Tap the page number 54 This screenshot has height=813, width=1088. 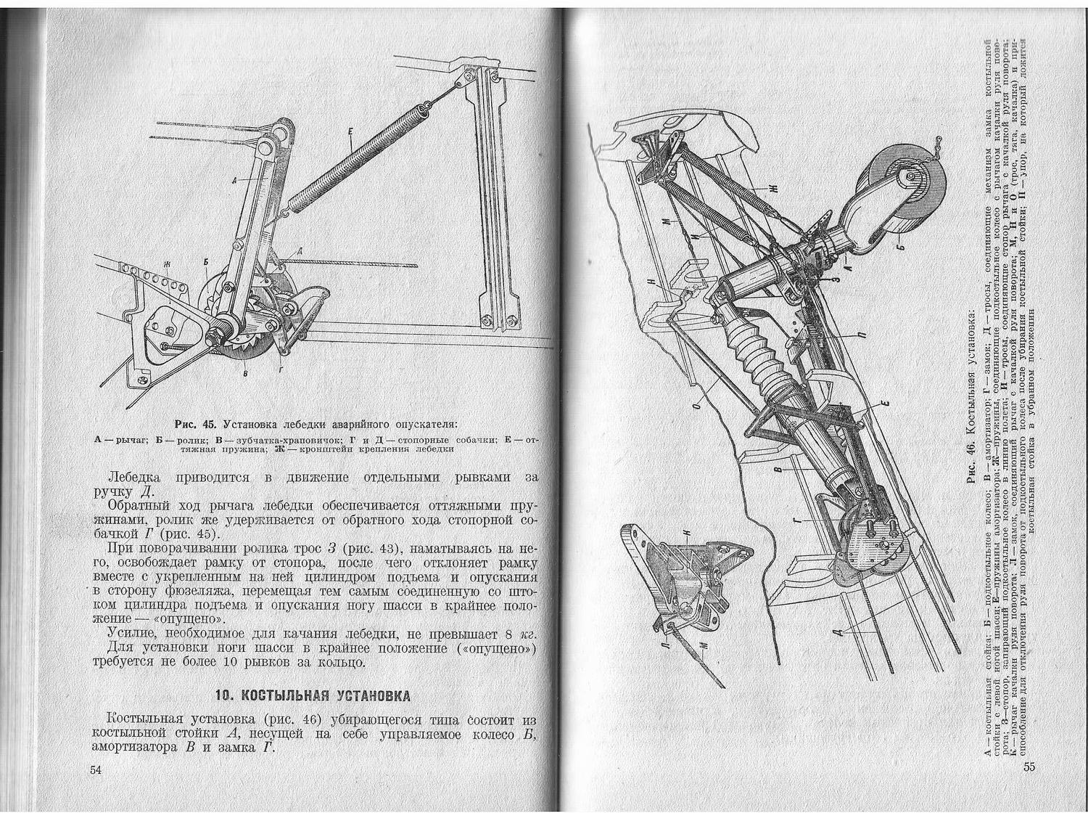pos(96,770)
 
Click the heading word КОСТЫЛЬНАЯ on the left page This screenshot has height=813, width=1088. pos(280,696)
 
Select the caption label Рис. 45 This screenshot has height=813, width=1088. pos(196,424)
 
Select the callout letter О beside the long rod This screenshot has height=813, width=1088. pos(697,407)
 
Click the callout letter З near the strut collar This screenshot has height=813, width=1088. pos(836,277)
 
